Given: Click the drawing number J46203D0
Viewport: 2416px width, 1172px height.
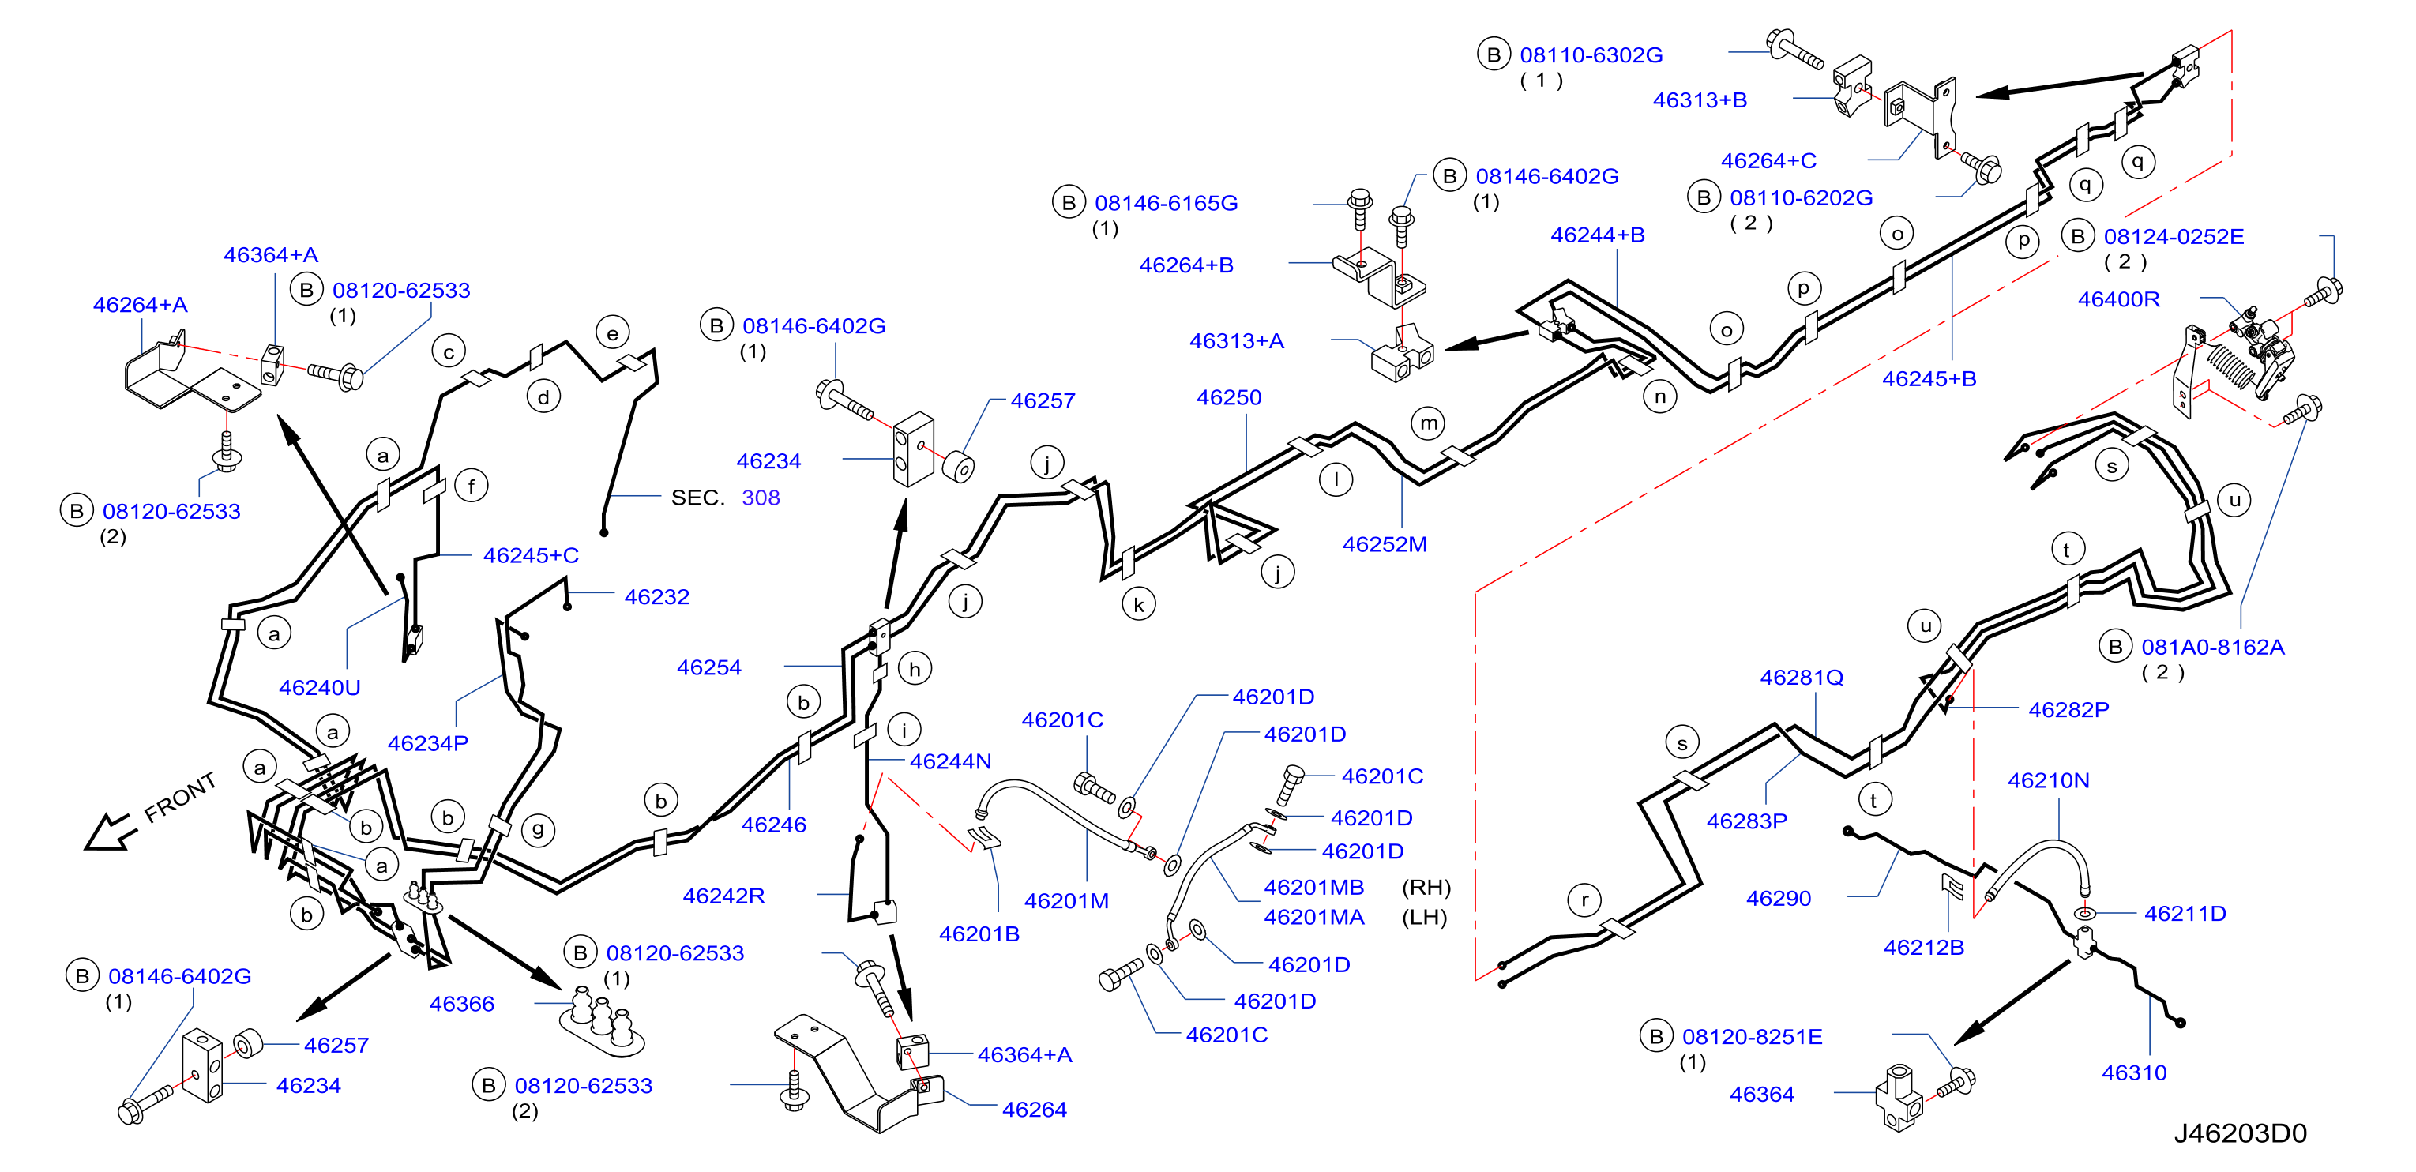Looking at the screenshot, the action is [x=2240, y=1133].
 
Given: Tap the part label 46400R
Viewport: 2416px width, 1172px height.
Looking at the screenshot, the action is [x=2119, y=299].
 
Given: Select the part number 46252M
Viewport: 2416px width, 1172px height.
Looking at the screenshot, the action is [x=1385, y=545].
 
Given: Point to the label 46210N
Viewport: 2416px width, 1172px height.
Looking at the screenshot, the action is [x=2049, y=780].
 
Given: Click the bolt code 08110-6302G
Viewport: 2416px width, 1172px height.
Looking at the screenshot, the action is [x=1591, y=55].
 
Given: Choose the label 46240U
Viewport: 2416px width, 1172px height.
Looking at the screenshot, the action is [x=320, y=687].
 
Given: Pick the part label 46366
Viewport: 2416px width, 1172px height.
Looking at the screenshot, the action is [x=461, y=1004].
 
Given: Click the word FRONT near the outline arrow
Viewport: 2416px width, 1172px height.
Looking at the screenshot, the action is [x=180, y=797].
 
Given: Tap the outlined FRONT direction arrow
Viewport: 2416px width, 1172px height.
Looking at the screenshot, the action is [x=111, y=832].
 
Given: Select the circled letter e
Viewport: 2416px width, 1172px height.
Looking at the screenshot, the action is [x=612, y=332].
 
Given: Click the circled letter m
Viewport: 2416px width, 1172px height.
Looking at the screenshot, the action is [x=1429, y=424].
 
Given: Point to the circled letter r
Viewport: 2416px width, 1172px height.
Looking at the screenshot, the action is [x=1584, y=901].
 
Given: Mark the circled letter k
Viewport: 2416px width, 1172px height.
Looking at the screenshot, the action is [x=1139, y=605].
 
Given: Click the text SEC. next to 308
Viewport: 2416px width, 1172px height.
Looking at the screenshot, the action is [x=698, y=498].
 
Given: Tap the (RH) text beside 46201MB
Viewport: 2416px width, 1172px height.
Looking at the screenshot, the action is [x=1426, y=888].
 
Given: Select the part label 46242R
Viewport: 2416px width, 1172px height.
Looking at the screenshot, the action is [x=723, y=896].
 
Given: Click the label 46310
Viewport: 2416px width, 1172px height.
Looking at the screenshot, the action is [x=2134, y=1072].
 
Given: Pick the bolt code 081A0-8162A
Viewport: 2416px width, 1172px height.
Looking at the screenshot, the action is [x=2212, y=647].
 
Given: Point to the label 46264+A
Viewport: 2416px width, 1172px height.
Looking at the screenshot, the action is [x=140, y=305].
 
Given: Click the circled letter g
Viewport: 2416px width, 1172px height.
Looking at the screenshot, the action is [x=537, y=830].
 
